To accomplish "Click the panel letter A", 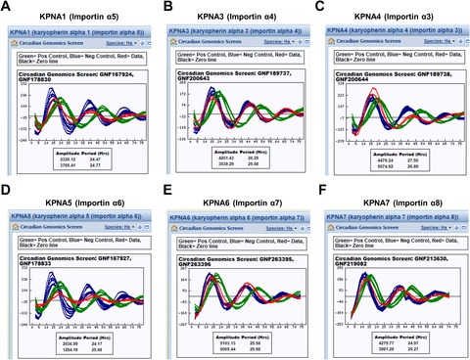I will [x=8, y=8].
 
